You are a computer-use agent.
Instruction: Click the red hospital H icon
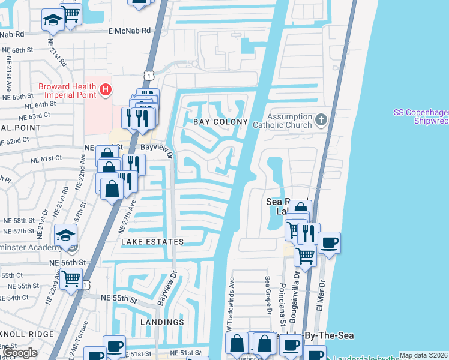[x=106, y=90]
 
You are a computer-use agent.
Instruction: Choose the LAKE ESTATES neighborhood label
[x=152, y=242]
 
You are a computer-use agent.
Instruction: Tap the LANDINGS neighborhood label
[x=162, y=322]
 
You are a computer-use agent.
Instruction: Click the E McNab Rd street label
[x=129, y=31]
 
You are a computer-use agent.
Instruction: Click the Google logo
[x=20, y=353]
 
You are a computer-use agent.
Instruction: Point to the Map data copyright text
[x=423, y=355]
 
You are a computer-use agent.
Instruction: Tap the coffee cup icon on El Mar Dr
[x=329, y=244]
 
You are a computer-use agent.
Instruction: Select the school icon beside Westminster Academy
[x=65, y=235]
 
